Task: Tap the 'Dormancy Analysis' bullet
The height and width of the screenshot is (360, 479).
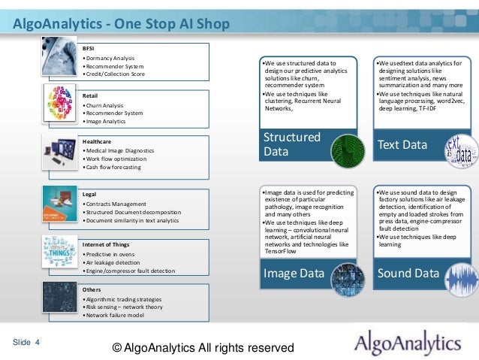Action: coord(109,58)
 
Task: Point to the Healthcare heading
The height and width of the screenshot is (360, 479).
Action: coord(98,141)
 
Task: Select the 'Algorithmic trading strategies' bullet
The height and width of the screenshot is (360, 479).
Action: coord(123,298)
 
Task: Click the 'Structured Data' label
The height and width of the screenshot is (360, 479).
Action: coord(291,144)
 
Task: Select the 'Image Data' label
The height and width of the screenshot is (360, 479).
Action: coord(292,274)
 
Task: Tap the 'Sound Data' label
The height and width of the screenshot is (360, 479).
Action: coord(408,274)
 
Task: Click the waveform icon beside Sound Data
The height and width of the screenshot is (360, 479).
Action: coord(461,277)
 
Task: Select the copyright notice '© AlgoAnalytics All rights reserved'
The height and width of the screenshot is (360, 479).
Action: coord(203,348)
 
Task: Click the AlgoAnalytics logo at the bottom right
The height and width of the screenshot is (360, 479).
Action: coord(408,344)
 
